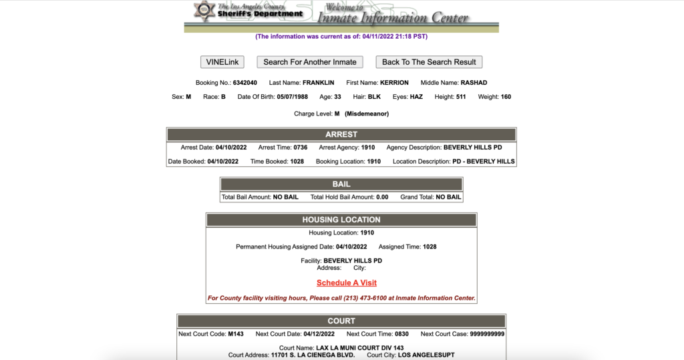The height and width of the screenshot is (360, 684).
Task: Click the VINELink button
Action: click(x=222, y=62)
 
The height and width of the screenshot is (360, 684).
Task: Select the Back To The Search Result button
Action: click(x=429, y=62)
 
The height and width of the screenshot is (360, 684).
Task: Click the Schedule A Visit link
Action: click(x=347, y=283)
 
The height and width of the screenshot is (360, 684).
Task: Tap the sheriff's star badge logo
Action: click(x=203, y=11)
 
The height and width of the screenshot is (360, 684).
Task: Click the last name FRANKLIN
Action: click(x=319, y=83)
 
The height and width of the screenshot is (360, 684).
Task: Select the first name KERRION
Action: click(x=394, y=83)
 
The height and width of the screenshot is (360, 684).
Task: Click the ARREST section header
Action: click(x=341, y=134)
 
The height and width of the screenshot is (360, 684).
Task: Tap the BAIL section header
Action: click(x=341, y=184)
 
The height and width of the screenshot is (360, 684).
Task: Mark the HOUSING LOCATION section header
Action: click(x=341, y=220)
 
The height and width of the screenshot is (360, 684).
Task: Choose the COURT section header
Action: click(x=341, y=321)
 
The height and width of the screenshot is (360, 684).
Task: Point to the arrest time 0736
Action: click(x=301, y=147)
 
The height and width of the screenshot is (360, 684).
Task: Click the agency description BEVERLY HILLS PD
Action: click(x=477, y=147)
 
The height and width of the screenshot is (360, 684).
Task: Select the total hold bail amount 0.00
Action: click(x=383, y=197)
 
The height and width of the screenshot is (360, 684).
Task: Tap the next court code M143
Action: click(x=235, y=334)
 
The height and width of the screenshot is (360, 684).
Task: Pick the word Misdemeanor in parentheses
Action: click(x=367, y=114)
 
